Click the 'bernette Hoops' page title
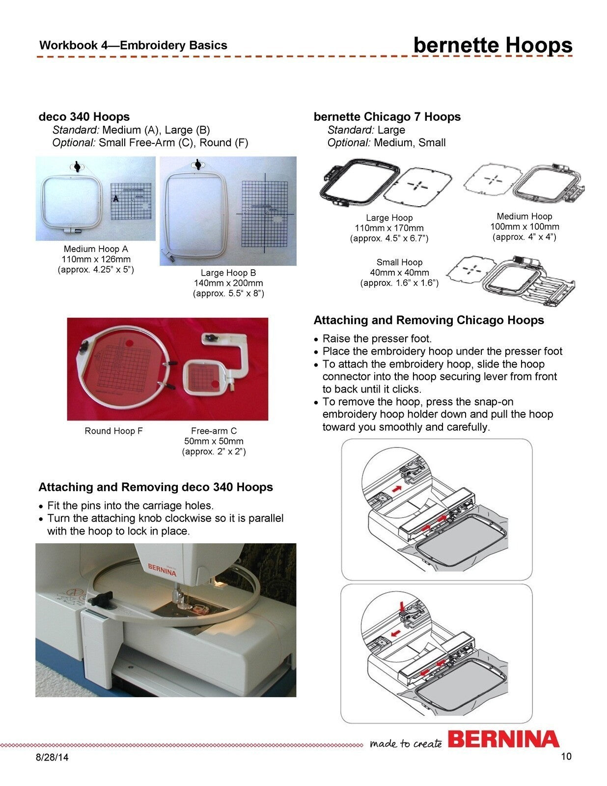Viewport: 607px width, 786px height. [493, 45]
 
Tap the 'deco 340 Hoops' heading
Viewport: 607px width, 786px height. [84, 117]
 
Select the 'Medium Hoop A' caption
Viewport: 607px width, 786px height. [96, 249]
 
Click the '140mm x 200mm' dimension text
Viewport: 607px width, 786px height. [228, 283]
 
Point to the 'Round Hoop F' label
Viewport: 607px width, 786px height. [113, 431]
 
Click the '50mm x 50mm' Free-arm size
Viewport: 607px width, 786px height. [214, 441]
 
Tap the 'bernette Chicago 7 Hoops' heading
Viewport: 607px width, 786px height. [387, 117]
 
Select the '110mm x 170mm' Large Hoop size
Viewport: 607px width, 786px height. [389, 228]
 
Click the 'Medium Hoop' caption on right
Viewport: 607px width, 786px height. [524, 216]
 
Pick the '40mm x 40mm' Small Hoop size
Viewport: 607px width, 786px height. [399, 273]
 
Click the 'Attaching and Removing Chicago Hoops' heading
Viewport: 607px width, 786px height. [429, 320]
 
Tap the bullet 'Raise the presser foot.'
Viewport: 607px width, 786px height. [377, 338]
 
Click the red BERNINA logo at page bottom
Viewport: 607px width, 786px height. [503, 739]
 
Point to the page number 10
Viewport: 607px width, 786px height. [566, 756]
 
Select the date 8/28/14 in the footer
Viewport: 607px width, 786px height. [52, 757]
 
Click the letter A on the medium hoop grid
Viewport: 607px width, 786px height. [116, 198]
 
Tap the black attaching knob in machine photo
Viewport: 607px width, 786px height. [99, 599]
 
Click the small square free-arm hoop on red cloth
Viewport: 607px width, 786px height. [203, 377]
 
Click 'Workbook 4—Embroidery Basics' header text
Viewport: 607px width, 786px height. [133, 46]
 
